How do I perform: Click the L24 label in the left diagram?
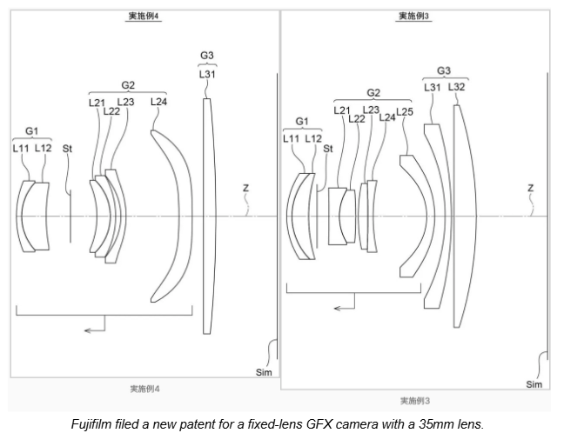tap(158, 102)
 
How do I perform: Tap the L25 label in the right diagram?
tap(405, 112)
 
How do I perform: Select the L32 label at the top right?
tap(456, 87)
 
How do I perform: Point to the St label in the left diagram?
tap(67, 149)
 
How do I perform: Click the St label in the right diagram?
tap(328, 149)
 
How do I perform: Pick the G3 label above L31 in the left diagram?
tap(207, 56)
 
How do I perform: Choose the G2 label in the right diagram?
tap(373, 93)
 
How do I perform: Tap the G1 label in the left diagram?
tap(31, 131)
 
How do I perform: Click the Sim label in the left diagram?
tap(264, 373)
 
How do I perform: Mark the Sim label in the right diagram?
tap(534, 384)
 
